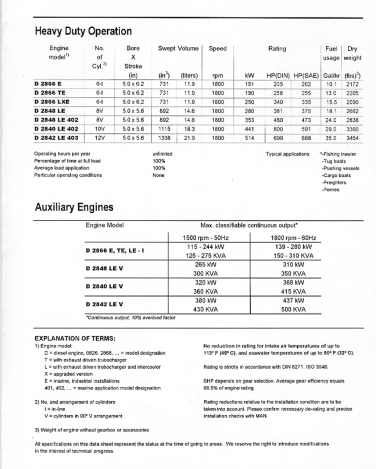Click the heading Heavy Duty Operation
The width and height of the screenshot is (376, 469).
[x=84, y=32]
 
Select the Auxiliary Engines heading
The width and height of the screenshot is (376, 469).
[x=74, y=207]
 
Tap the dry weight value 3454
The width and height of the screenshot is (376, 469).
[x=352, y=138]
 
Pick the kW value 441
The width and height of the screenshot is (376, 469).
[x=250, y=129]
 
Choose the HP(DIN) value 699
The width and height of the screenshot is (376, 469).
[x=278, y=138]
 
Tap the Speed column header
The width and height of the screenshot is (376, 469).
[x=218, y=48]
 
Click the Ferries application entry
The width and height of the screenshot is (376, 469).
[x=331, y=189]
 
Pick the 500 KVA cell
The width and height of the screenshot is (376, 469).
[x=293, y=309]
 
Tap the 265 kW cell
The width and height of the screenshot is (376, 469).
[x=209, y=264]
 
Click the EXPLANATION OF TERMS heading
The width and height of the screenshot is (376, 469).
[x=75, y=338]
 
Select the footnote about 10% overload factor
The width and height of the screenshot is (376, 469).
[x=130, y=318]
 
